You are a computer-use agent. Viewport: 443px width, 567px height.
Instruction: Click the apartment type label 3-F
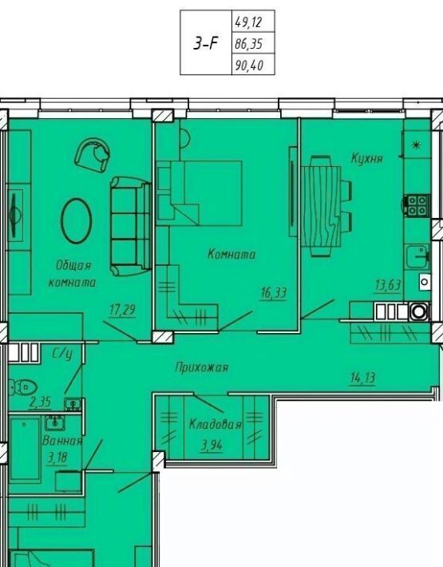206,43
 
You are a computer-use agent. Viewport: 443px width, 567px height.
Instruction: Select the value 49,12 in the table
248,23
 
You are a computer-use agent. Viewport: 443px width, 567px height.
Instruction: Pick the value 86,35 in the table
248,44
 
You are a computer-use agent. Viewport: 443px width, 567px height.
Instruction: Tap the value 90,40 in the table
249,65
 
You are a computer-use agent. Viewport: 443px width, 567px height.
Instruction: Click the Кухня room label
366,158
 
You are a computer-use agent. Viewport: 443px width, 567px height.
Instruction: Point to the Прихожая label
202,367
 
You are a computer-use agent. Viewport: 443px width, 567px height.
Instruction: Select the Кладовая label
215,423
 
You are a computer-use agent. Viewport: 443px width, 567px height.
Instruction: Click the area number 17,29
122,310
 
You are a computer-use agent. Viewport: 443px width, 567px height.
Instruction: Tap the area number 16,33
274,292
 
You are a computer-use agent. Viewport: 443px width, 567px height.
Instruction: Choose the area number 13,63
388,285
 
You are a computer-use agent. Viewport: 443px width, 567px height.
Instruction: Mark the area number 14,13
363,379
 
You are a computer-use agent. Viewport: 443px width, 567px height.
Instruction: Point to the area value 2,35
40,402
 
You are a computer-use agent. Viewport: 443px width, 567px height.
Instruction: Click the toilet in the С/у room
23,387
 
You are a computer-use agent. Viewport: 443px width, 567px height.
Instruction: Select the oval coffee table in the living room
77,220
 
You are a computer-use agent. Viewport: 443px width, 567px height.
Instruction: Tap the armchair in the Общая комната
92,155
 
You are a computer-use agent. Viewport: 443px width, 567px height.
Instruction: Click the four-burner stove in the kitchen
417,205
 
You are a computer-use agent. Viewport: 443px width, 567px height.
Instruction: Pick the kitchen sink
417,256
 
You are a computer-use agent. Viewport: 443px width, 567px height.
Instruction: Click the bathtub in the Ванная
25,449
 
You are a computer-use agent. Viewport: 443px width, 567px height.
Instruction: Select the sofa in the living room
130,226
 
